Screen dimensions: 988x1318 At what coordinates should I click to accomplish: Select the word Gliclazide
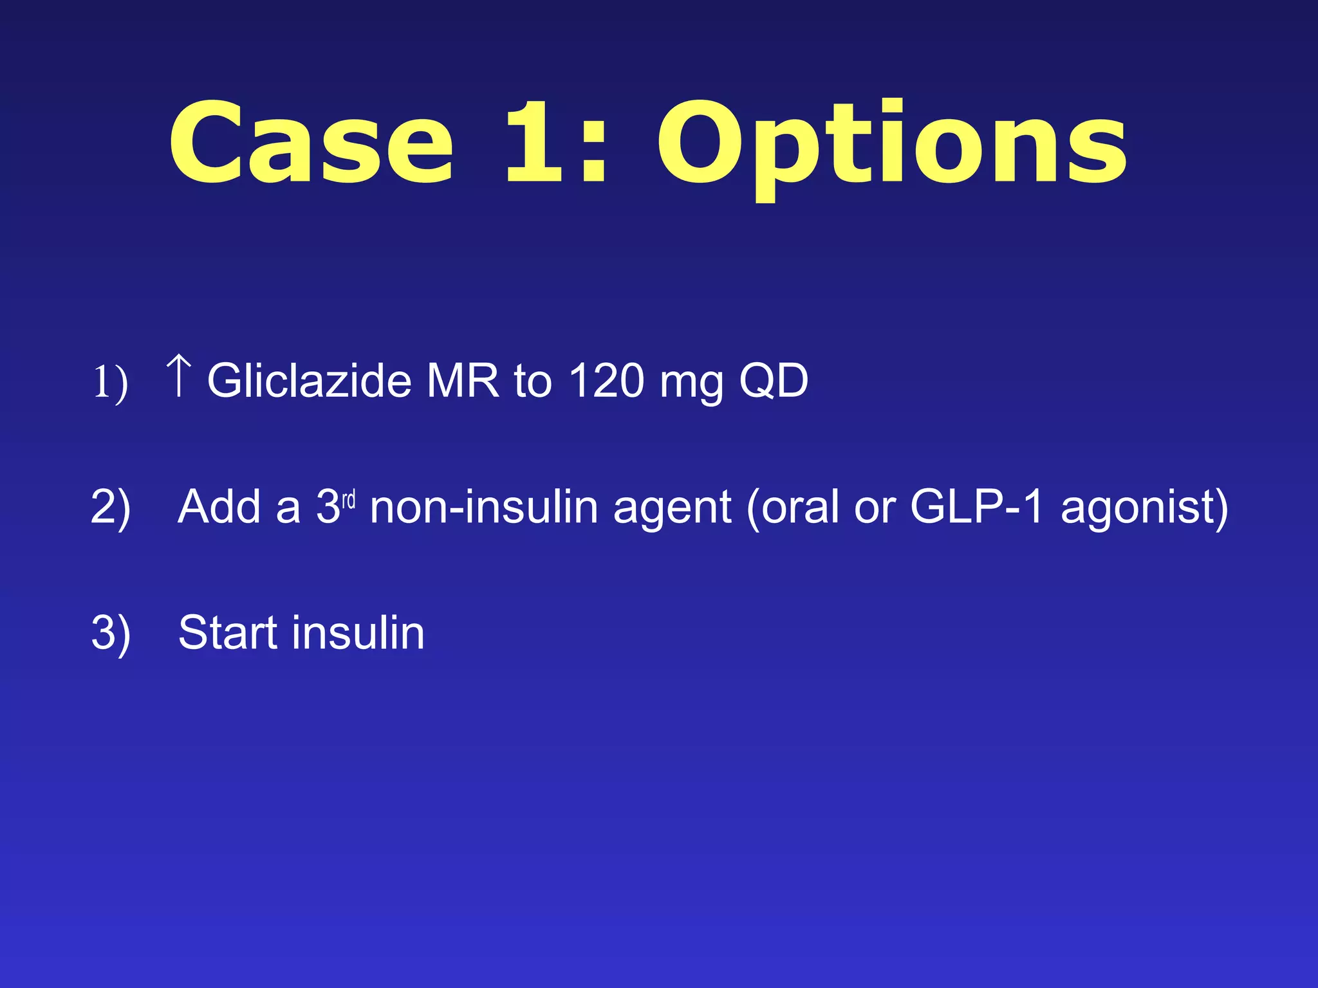pyautogui.click(x=310, y=381)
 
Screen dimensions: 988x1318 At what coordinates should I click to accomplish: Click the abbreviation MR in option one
pyautogui.click(x=463, y=381)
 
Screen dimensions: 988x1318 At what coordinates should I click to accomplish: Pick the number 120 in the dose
pyautogui.click(x=606, y=381)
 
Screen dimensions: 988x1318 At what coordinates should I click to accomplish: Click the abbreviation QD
pyautogui.click(x=774, y=381)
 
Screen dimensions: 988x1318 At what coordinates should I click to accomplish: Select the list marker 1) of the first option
pyautogui.click(x=110, y=383)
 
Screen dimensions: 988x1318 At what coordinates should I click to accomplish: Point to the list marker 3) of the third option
pyautogui.click(x=111, y=634)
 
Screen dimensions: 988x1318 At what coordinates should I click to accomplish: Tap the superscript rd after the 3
pyautogui.click(x=348, y=500)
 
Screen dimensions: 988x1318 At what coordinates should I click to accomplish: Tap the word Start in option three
pyautogui.click(x=228, y=633)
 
